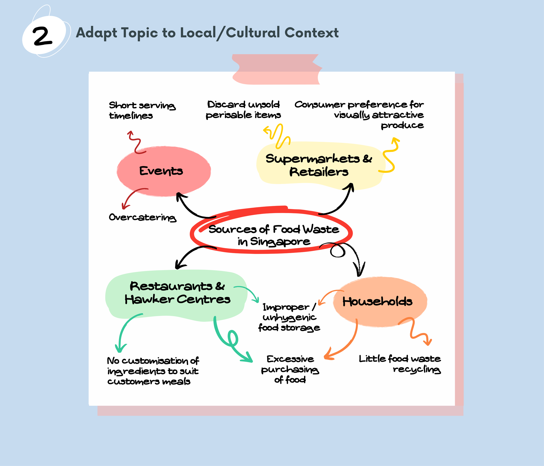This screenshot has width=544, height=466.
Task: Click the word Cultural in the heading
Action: [253, 33]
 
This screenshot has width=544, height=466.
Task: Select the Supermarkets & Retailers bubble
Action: [319, 165]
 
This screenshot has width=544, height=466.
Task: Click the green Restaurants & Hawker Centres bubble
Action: [176, 293]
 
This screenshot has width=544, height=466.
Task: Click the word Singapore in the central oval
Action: [280, 242]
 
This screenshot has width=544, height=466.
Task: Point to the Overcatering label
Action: [142, 217]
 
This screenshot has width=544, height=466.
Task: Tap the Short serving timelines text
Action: [142, 110]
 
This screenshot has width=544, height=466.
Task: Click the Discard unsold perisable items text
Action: [243, 110]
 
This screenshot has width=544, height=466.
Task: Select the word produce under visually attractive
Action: [402, 125]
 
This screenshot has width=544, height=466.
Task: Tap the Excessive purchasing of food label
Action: [290, 369]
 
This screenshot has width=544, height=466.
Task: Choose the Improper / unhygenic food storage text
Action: [289, 317]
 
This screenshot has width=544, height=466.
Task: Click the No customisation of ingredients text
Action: [153, 371]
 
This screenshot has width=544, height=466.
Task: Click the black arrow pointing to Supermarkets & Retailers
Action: [341, 202]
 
